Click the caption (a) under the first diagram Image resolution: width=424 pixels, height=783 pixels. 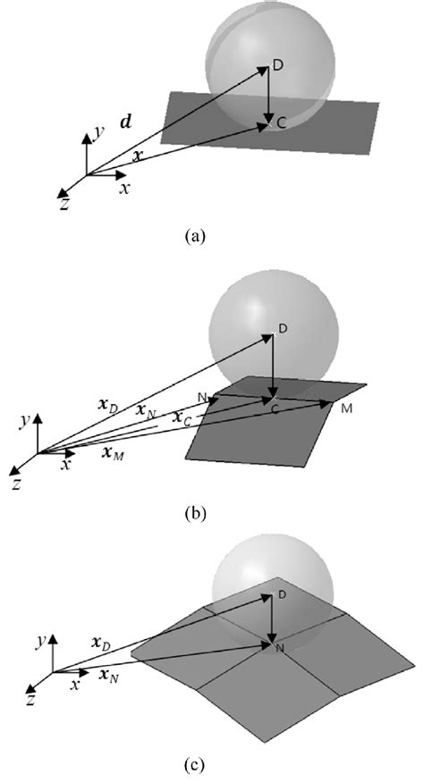point(194,237)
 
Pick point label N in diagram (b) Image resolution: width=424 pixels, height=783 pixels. point(203,397)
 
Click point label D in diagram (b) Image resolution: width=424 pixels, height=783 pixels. point(283,330)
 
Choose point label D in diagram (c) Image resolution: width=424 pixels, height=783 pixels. point(281,594)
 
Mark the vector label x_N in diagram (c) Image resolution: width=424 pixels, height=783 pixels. point(113,674)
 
